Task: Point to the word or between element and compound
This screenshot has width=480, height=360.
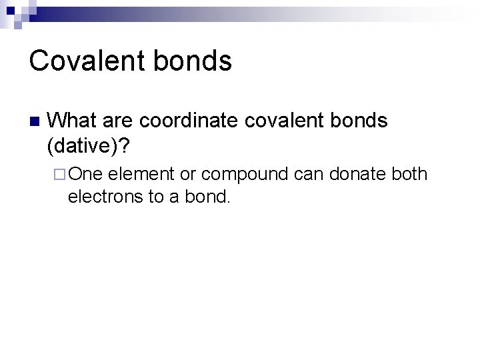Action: click(x=188, y=175)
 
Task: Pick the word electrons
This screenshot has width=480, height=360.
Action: click(x=101, y=197)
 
